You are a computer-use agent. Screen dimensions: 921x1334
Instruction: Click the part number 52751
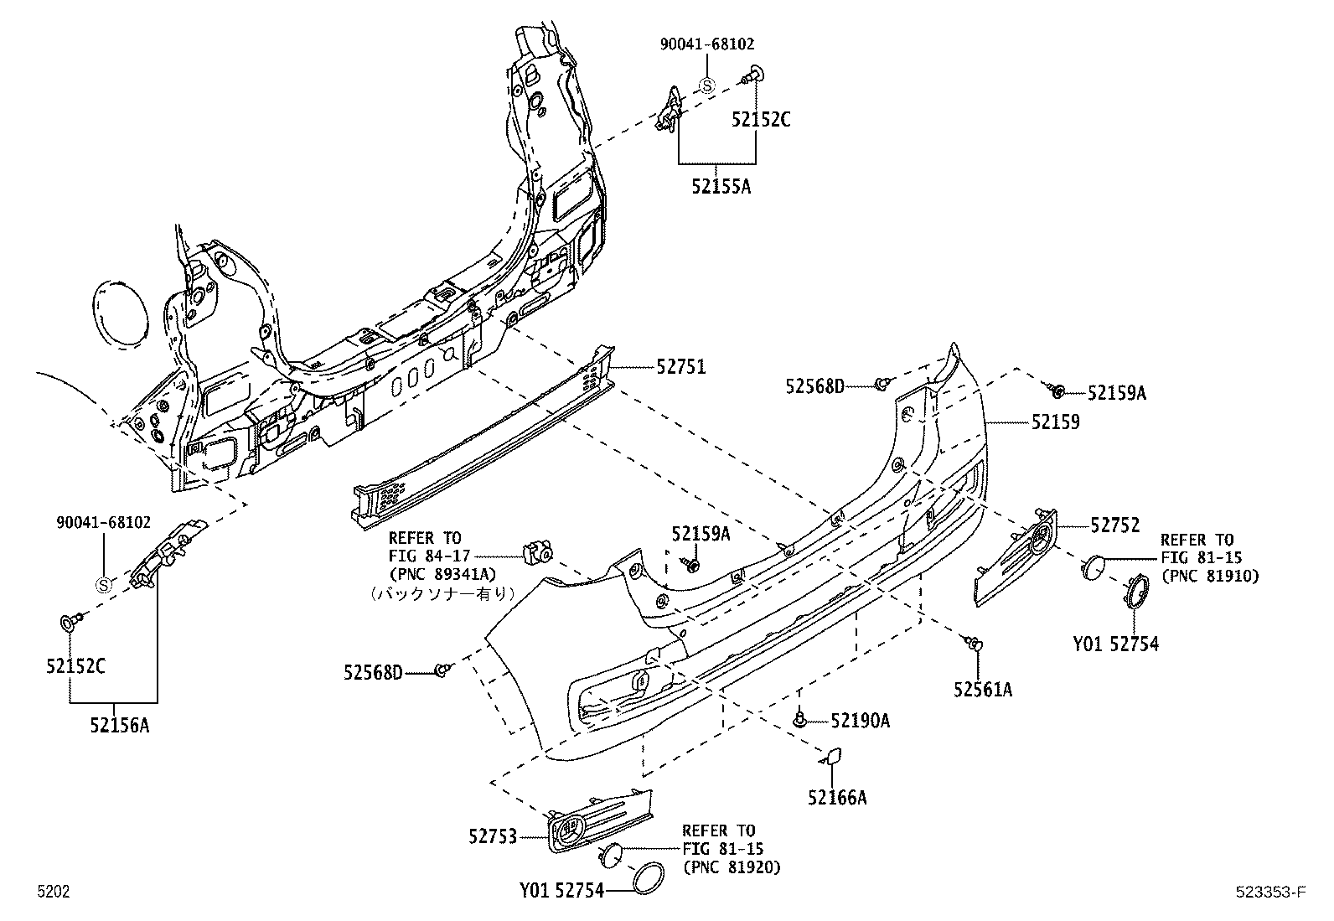[x=680, y=367]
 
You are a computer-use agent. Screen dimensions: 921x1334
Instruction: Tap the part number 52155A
[x=721, y=186]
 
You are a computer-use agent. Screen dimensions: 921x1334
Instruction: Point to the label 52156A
[x=120, y=725]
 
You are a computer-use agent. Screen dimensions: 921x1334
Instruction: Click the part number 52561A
[x=982, y=689]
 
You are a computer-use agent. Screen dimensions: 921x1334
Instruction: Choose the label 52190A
[x=860, y=720]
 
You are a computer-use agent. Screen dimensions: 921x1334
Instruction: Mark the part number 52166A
[x=837, y=798]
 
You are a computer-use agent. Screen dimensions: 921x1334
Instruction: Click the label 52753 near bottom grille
[x=494, y=836]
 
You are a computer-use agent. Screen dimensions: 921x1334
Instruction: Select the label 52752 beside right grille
[x=1114, y=525]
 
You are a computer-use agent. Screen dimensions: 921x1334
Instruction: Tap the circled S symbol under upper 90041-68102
[x=706, y=85]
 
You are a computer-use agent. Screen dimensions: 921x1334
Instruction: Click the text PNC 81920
[x=732, y=867]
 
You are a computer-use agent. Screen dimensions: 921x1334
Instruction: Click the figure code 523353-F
[x=1269, y=893]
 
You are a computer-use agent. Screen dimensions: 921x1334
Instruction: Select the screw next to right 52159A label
[x=1057, y=390]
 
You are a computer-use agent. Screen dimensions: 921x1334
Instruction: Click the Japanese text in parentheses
[x=440, y=592]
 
